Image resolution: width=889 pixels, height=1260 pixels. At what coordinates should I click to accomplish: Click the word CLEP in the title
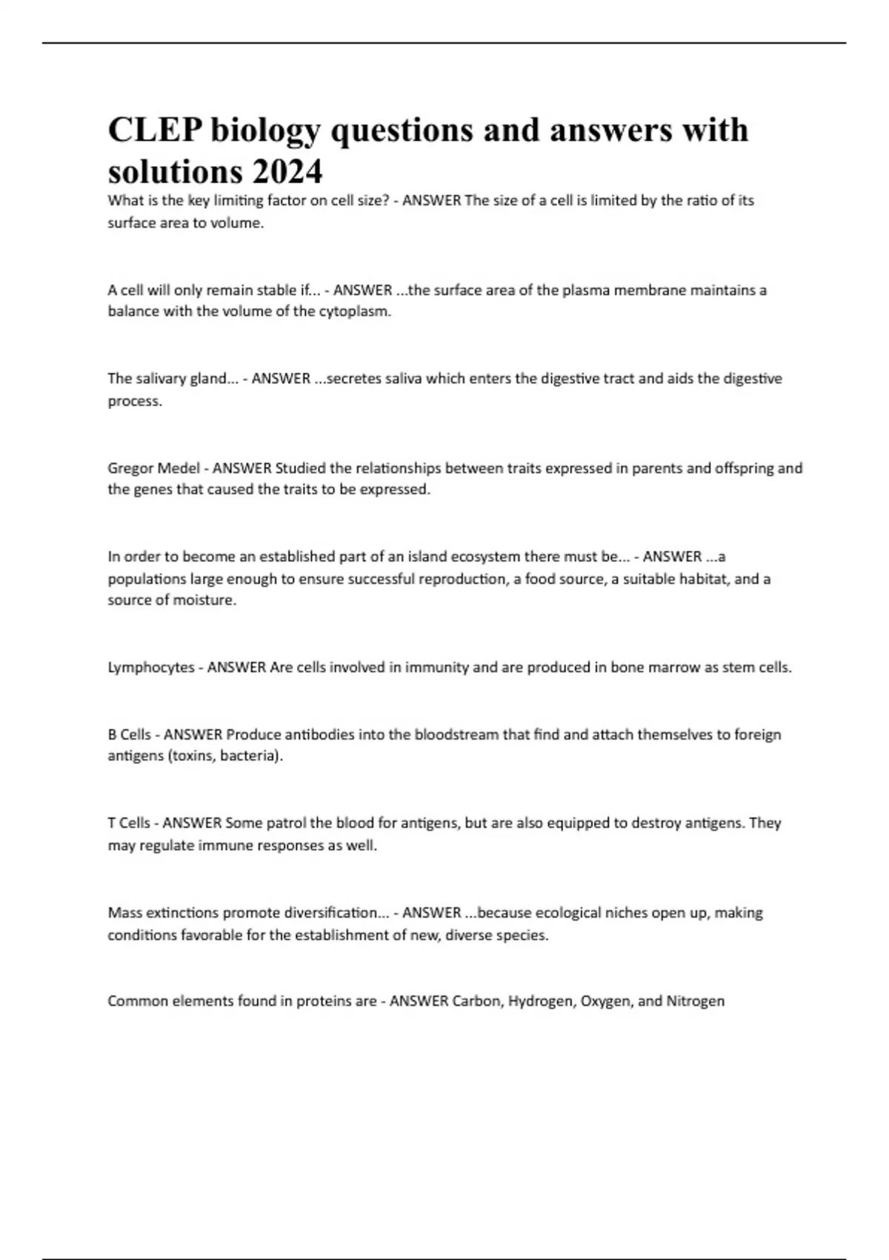(x=155, y=130)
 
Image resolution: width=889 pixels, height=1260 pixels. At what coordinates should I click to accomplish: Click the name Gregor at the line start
(x=131, y=468)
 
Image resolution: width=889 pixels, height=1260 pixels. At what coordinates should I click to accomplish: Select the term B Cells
(x=130, y=735)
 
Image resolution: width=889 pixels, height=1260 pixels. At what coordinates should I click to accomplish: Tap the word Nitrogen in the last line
(x=695, y=1001)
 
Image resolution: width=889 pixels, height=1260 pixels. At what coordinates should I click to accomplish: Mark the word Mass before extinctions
(x=124, y=912)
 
